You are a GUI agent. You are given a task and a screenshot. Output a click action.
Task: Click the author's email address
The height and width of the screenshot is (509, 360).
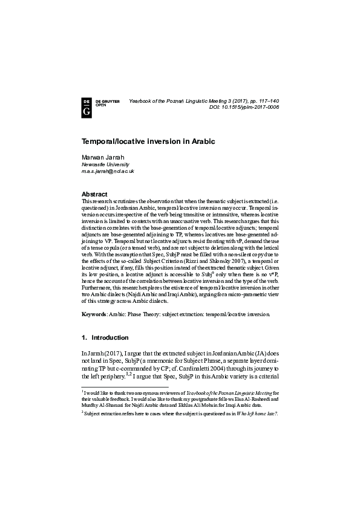tap(108, 171)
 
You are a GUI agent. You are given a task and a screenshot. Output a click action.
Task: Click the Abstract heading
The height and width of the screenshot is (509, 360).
tap(94, 194)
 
